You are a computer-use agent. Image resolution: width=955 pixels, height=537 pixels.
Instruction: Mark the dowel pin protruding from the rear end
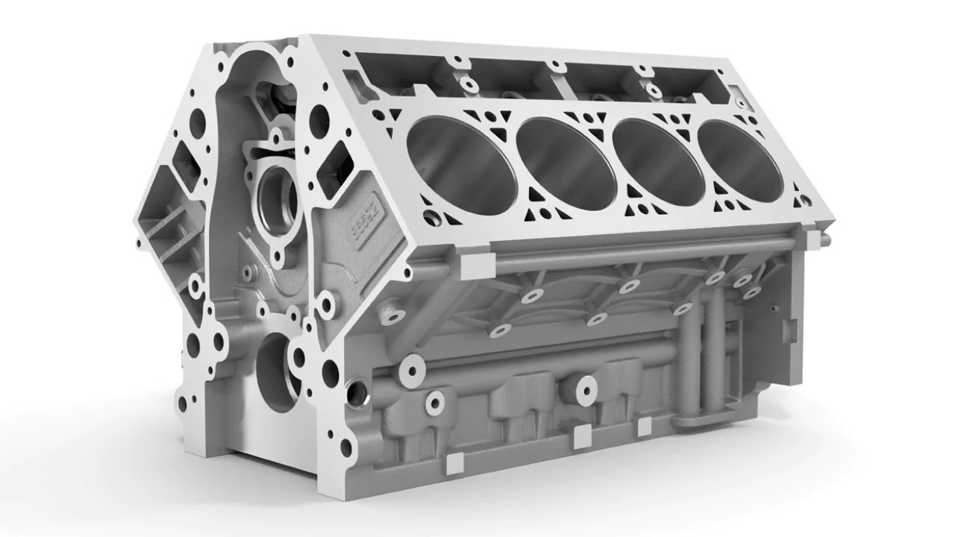[x=825, y=240]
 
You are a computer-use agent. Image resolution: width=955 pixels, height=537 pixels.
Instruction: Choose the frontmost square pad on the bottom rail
[x=450, y=465]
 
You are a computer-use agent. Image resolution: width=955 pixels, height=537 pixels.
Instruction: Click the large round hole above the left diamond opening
[x=198, y=119]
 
